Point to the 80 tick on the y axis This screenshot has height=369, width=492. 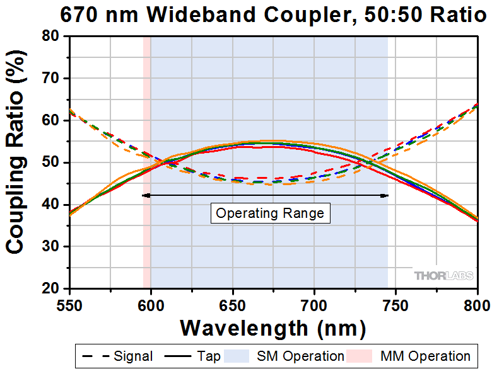pos(51,37)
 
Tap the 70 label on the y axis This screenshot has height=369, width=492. pos(51,79)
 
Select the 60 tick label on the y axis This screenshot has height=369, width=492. pos(51,121)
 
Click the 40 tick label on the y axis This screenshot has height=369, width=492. pos(51,205)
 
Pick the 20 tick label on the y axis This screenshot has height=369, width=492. pos(51,288)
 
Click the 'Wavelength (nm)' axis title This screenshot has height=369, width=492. pos(272,327)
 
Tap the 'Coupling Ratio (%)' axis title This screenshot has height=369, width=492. pos(16,162)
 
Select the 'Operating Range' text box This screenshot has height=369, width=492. pos(270,213)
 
